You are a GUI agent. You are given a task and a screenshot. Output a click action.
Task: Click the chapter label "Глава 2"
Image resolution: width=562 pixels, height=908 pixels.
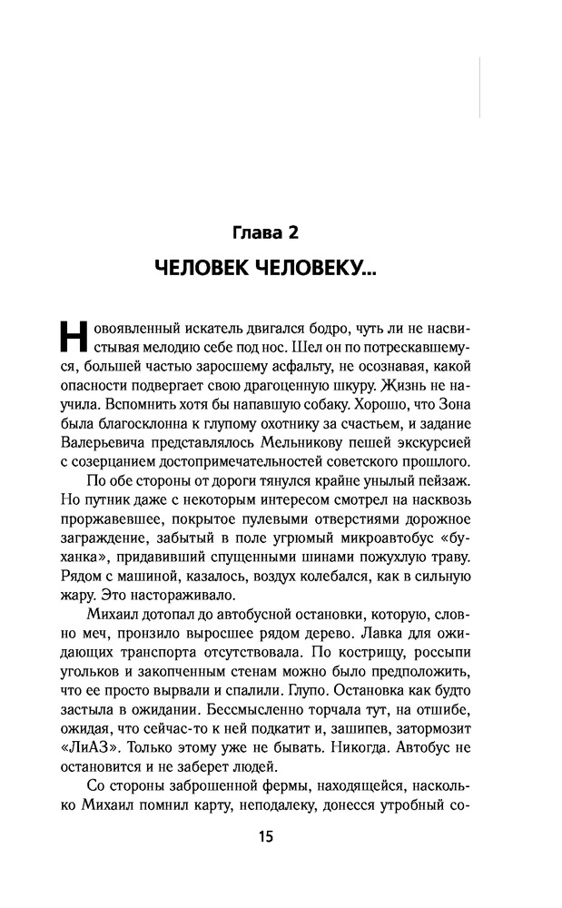[x=265, y=232]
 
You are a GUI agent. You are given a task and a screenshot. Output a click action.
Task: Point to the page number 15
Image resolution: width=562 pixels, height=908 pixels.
[x=265, y=836]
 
